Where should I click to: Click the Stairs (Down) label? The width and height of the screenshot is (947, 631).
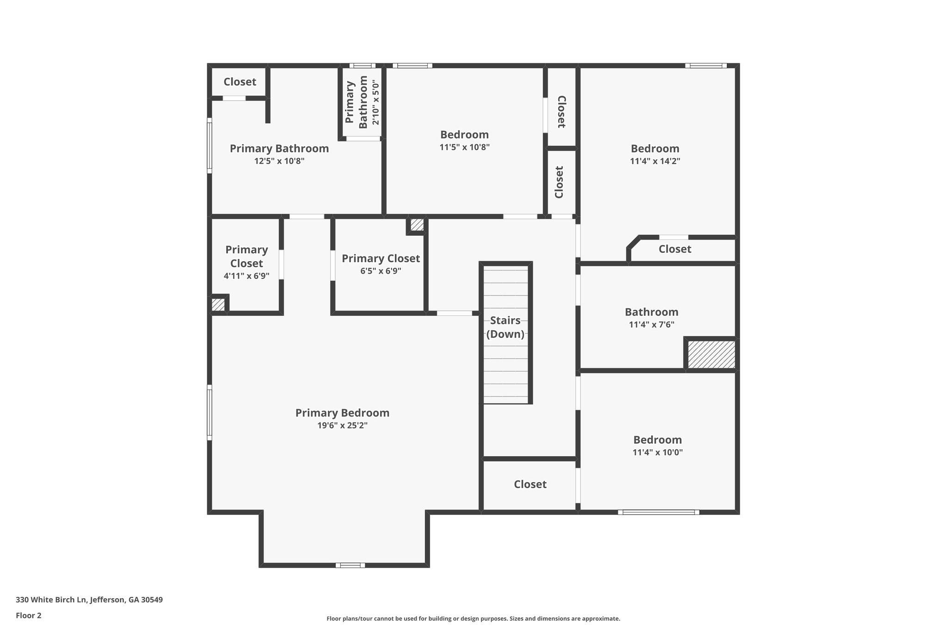[x=505, y=327]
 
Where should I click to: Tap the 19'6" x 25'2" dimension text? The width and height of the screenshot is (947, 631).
[x=342, y=425]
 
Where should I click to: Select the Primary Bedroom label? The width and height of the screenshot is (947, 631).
[x=342, y=413]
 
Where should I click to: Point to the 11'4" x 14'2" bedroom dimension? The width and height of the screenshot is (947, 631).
[x=655, y=161]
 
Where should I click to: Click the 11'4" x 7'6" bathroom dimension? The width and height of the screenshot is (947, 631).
[x=651, y=325]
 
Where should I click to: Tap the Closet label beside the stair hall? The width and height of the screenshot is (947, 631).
[x=530, y=484]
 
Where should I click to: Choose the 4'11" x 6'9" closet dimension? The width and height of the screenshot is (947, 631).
[x=246, y=276]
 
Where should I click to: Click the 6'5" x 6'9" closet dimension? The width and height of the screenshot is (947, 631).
[x=381, y=271]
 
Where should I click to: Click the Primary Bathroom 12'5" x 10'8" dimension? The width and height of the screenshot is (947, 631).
[x=279, y=161]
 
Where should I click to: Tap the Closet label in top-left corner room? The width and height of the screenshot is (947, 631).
[x=240, y=82]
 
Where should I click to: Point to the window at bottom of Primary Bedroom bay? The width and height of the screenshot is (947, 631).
[x=350, y=565]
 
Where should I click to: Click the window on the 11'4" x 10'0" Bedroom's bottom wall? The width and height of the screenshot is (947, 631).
[x=658, y=512]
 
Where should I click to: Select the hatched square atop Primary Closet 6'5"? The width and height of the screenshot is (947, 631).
[x=417, y=225]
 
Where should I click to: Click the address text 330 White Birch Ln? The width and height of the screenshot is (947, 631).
[x=89, y=600]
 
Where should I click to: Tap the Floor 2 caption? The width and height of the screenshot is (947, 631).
[x=29, y=615]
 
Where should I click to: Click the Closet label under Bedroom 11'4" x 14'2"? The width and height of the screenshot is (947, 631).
[x=675, y=249]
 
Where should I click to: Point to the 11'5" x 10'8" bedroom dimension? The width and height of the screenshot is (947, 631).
[x=464, y=147]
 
